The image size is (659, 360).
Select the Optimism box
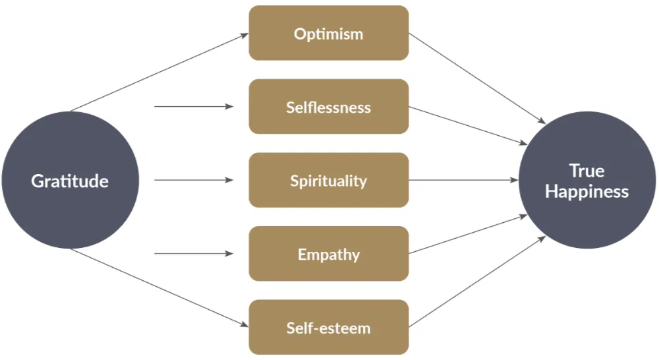(x=328, y=33)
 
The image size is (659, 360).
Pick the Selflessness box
(x=328, y=107)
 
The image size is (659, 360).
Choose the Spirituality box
(x=328, y=180)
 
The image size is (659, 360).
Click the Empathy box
(x=328, y=254)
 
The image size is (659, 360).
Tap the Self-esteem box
(x=328, y=327)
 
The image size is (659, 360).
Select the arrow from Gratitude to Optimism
(x=158, y=73)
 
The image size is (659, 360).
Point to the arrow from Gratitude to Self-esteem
(x=158, y=287)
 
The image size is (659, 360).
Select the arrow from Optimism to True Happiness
(x=477, y=78)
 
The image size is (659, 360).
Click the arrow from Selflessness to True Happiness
(x=468, y=125)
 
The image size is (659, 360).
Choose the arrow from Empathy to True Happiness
(x=468, y=234)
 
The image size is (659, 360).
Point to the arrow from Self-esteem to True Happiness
(x=477, y=282)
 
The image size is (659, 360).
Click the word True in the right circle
(x=587, y=171)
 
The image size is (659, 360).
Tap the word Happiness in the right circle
(x=587, y=192)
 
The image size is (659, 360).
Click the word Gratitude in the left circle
(x=70, y=181)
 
